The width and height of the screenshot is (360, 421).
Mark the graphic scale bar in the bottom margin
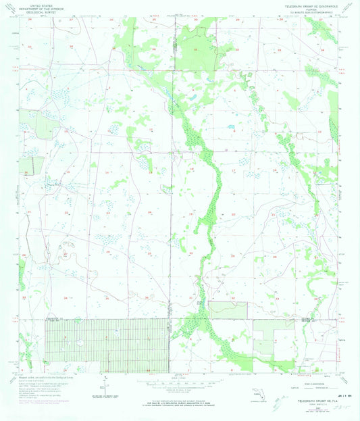tap(180, 382)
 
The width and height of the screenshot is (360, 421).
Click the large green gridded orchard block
tap(105, 345)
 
